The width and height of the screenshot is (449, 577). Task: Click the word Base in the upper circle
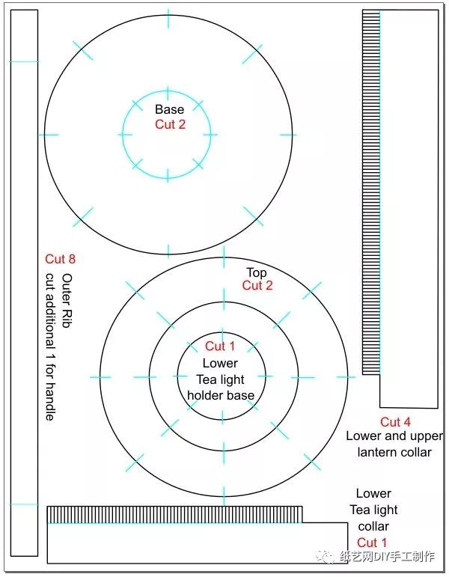(169, 110)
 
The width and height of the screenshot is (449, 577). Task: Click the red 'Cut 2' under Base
(170, 124)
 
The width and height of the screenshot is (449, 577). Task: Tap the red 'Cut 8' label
(61, 259)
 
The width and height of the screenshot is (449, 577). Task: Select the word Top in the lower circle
(257, 272)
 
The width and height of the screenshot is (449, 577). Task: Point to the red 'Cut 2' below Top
(257, 285)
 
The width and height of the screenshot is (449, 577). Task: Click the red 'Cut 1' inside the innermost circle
(220, 346)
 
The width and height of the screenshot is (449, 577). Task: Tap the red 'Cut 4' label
(395, 422)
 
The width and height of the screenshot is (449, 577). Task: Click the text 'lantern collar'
(394, 452)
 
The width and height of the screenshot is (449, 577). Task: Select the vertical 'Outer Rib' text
(67, 292)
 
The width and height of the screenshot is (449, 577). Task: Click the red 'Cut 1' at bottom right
(372, 543)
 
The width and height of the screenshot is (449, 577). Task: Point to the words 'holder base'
(221, 395)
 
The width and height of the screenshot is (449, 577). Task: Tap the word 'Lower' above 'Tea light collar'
(373, 493)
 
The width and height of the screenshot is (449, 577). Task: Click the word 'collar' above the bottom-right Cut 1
(373, 526)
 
